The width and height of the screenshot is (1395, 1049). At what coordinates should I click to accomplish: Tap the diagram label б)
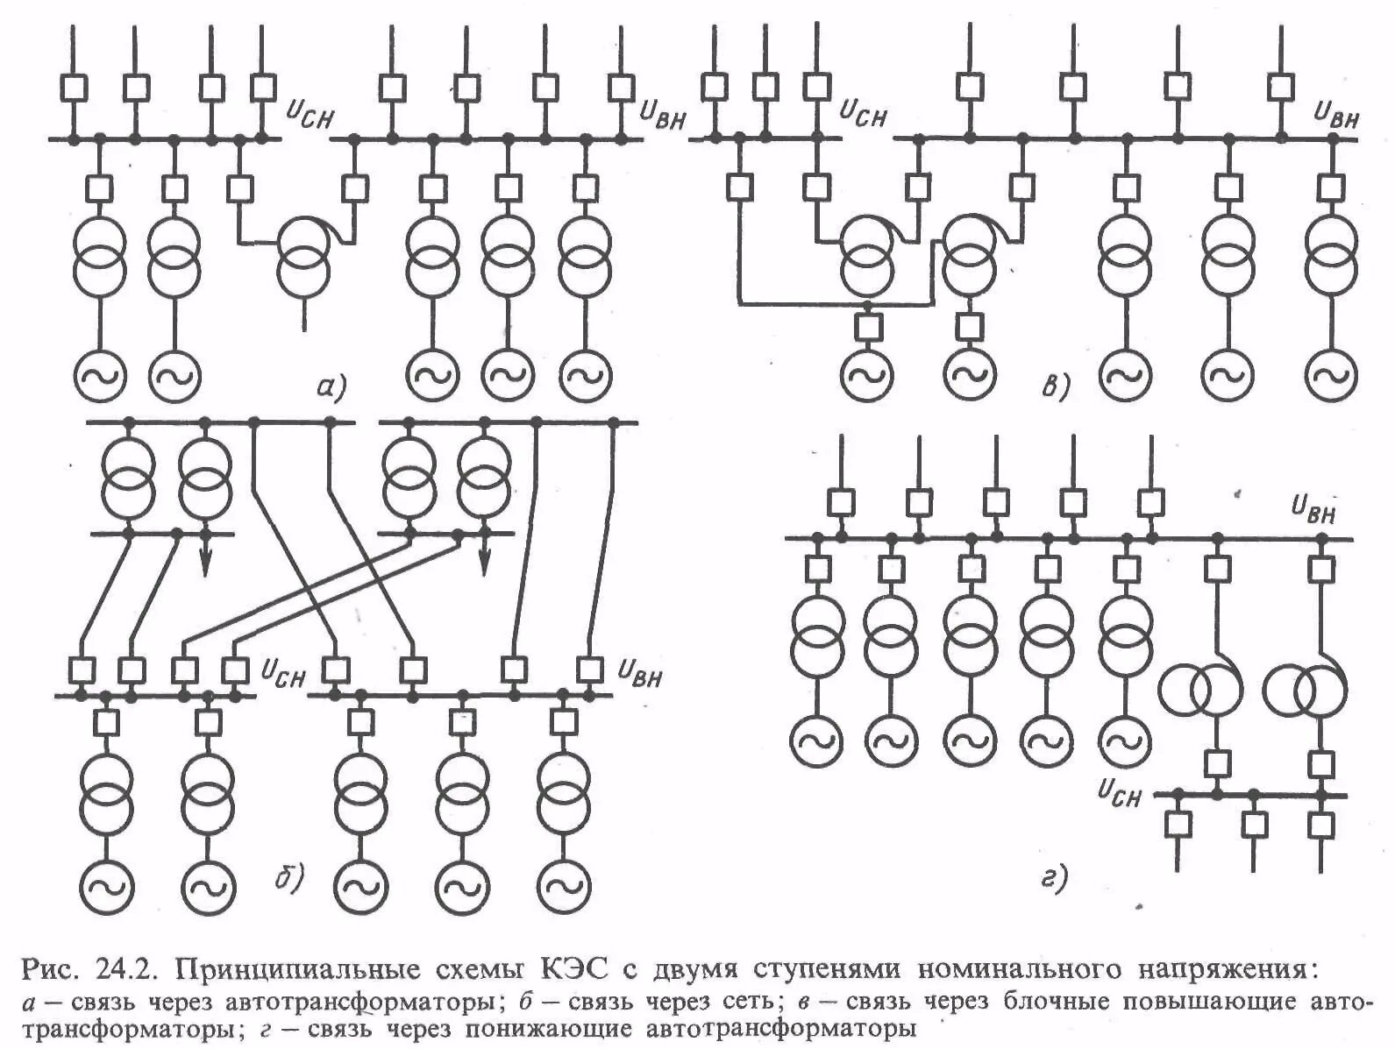pyautogui.click(x=288, y=875)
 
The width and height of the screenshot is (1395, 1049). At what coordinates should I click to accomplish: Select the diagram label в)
pyautogui.click(x=1056, y=386)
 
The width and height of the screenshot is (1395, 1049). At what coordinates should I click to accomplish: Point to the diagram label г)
pyautogui.click(x=1054, y=877)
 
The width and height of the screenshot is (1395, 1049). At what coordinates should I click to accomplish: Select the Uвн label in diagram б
pyautogui.click(x=639, y=672)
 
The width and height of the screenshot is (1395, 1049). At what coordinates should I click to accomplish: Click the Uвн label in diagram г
pyautogui.click(x=1313, y=508)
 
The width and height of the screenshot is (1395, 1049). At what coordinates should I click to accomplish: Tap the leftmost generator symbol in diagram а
pyautogui.click(x=99, y=376)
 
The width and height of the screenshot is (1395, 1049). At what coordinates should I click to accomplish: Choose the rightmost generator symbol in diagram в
pyautogui.click(x=1330, y=375)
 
